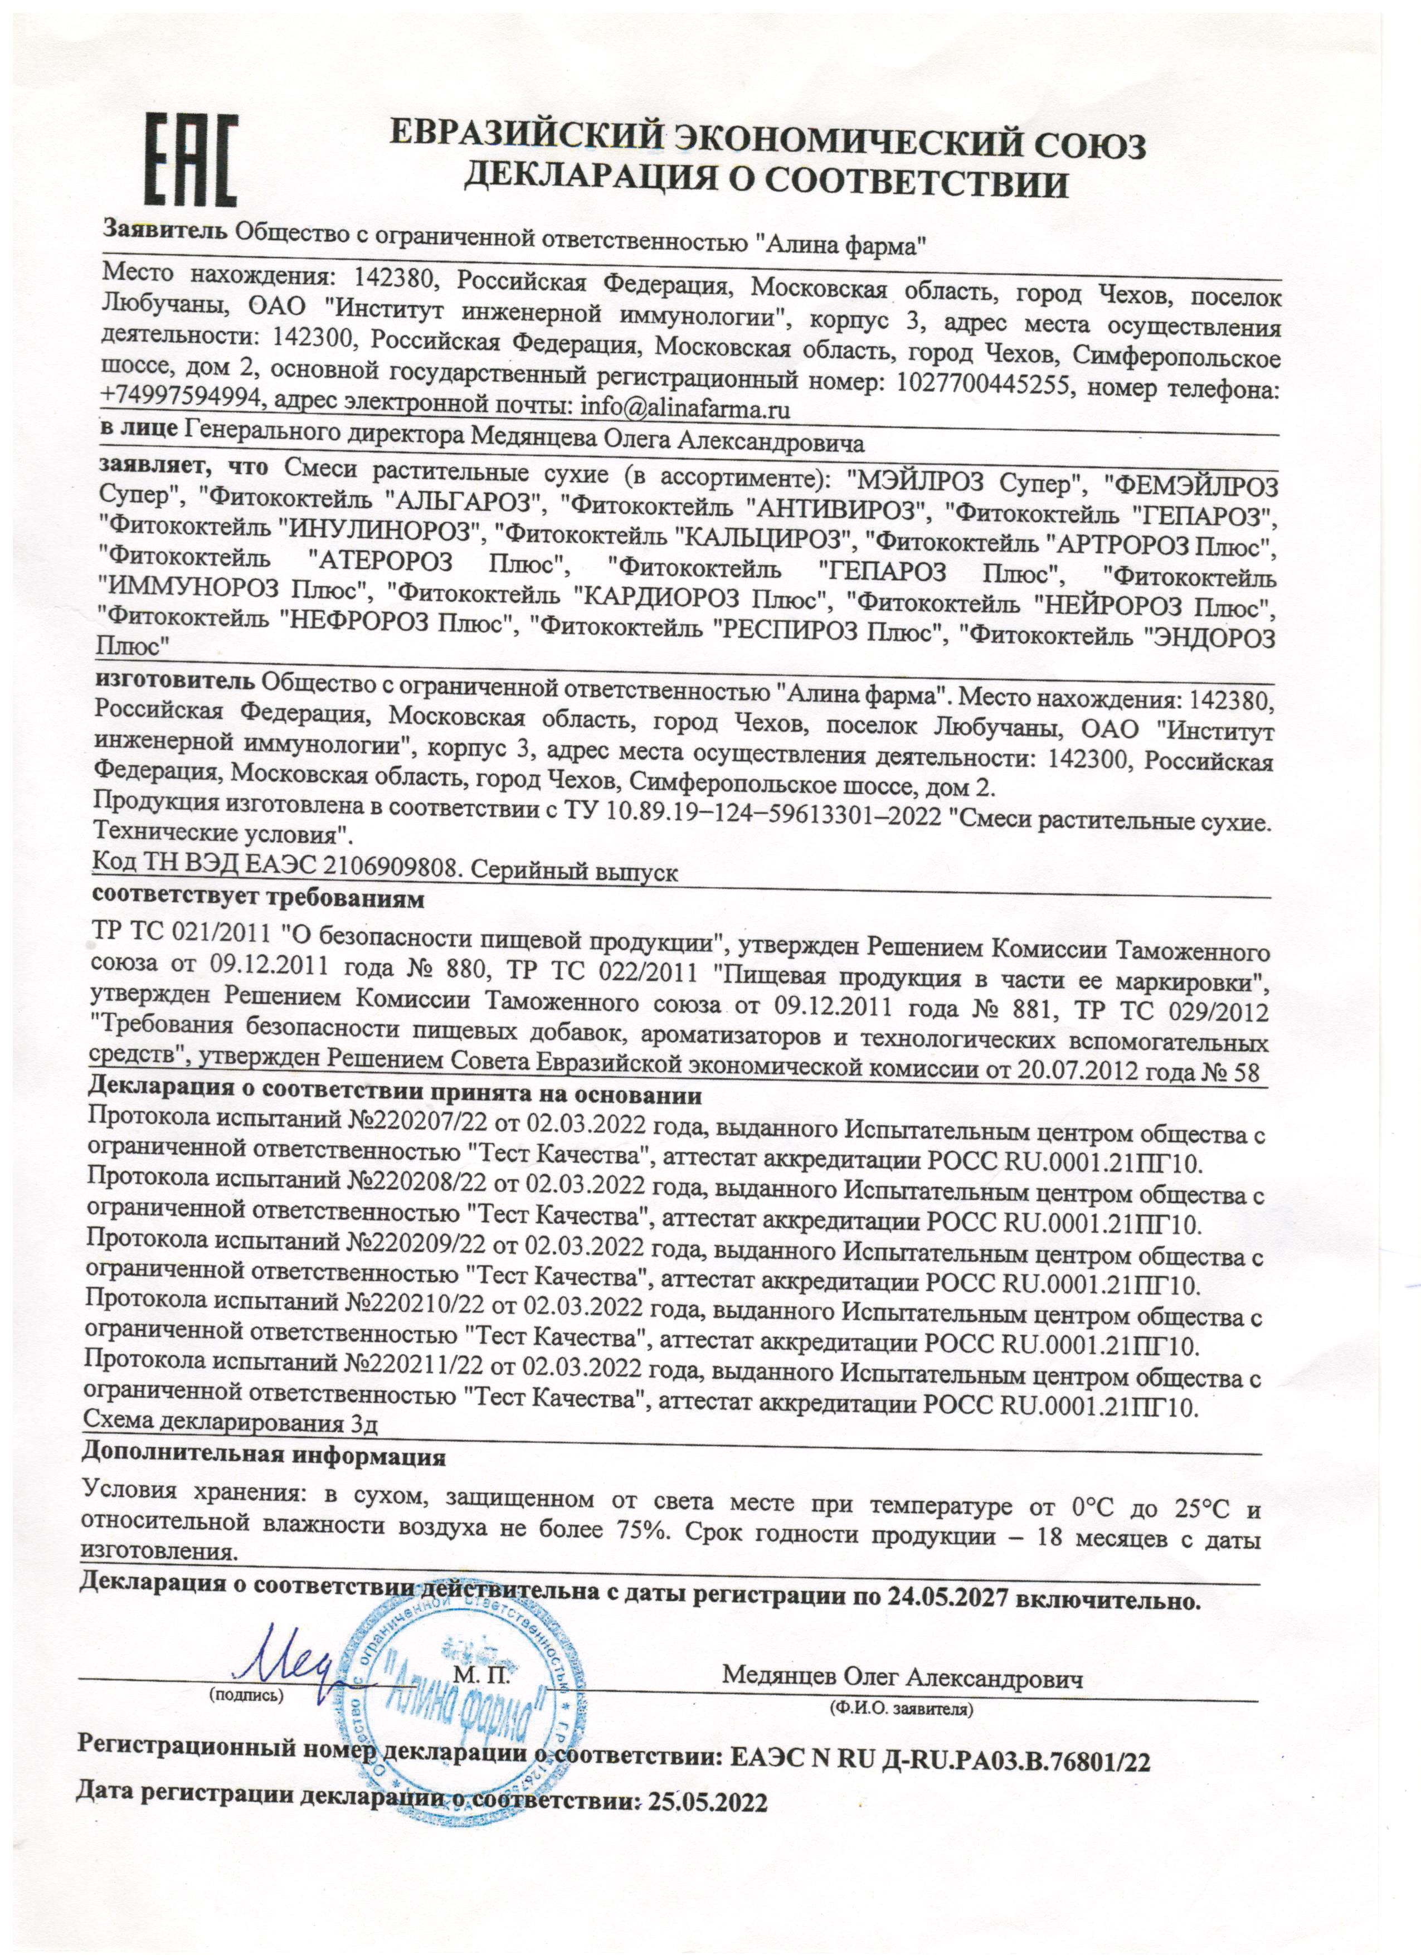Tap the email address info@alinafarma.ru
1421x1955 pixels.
(686, 406)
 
